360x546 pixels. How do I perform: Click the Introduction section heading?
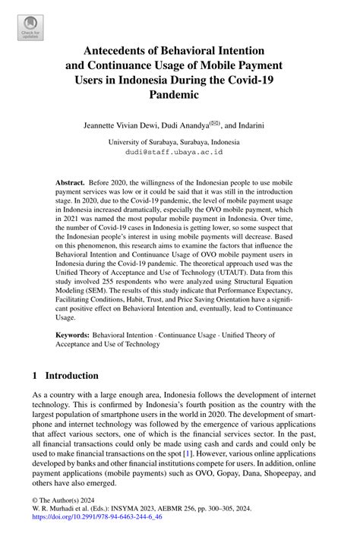(x=72, y=375)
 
